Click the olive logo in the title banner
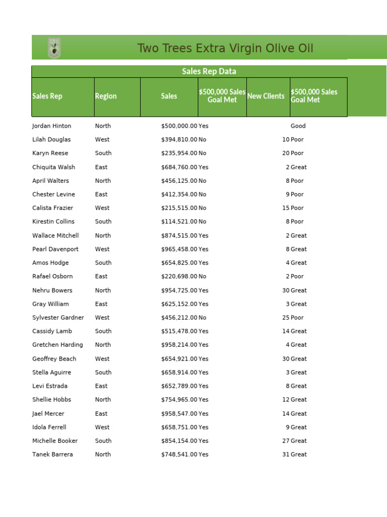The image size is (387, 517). (x=54, y=48)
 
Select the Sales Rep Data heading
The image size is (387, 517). (x=209, y=72)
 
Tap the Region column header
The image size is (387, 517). (x=106, y=96)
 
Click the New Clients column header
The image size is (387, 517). (x=266, y=96)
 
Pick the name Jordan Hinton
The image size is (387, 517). (x=52, y=126)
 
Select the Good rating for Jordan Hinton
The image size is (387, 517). (x=298, y=126)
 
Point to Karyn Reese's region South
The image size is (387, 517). (x=103, y=153)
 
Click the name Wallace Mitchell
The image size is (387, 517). (x=55, y=236)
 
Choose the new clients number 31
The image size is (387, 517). (x=286, y=454)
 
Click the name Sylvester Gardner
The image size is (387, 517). (x=58, y=318)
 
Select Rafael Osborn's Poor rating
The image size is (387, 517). (x=297, y=277)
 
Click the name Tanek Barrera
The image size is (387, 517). (x=52, y=454)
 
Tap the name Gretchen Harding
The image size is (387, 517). (x=57, y=345)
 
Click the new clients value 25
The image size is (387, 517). (x=286, y=318)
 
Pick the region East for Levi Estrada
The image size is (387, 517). (x=101, y=386)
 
